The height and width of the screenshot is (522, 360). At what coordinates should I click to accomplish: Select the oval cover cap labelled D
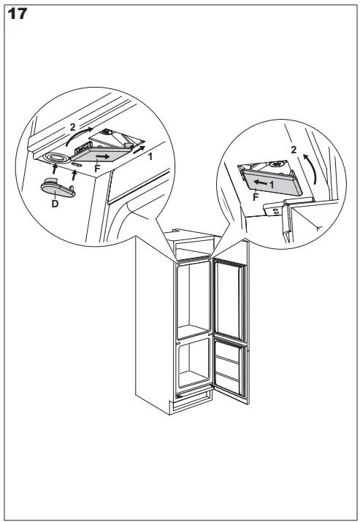click(55, 187)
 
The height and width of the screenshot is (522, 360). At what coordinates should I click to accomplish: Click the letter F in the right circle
click(255, 197)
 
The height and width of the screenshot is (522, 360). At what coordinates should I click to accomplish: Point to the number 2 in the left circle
click(72, 127)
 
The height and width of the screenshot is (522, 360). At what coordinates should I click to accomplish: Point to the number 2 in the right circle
click(294, 150)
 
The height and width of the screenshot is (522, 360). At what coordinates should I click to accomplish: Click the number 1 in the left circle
click(150, 156)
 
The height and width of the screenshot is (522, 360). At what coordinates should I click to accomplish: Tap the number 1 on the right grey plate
click(272, 185)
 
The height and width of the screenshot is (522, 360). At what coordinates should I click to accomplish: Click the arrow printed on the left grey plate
click(105, 156)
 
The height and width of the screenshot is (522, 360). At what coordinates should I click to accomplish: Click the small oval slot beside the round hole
click(77, 164)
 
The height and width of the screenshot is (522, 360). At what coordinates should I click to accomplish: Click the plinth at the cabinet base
click(191, 399)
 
